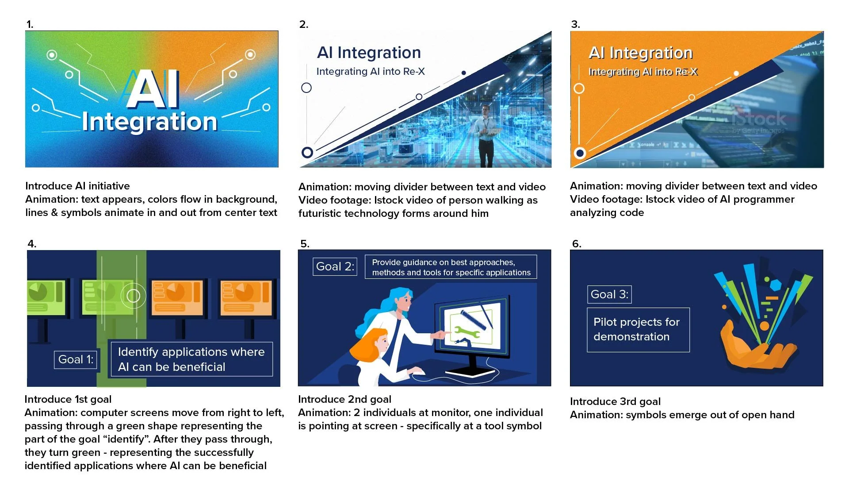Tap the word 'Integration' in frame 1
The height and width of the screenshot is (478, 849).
tap(149, 122)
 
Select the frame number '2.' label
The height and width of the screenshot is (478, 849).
tap(303, 24)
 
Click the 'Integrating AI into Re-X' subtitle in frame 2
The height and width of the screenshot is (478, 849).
tap(371, 71)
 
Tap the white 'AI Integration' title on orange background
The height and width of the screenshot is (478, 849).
tap(640, 53)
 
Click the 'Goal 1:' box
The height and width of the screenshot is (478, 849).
tap(76, 359)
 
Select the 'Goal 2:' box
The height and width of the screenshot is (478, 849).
tap(335, 266)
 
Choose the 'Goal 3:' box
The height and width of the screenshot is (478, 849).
tap(609, 294)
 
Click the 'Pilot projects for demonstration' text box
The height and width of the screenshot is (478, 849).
tap(638, 330)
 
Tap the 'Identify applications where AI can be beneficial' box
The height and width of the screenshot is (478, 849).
tap(191, 359)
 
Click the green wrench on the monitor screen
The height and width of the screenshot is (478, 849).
tap(467, 332)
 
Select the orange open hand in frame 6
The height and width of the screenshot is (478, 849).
tap(756, 350)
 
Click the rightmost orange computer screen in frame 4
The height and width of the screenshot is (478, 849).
tap(246, 298)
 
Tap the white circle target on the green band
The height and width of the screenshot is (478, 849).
tap(133, 295)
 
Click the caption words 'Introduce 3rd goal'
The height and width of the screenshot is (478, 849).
tap(615, 401)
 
